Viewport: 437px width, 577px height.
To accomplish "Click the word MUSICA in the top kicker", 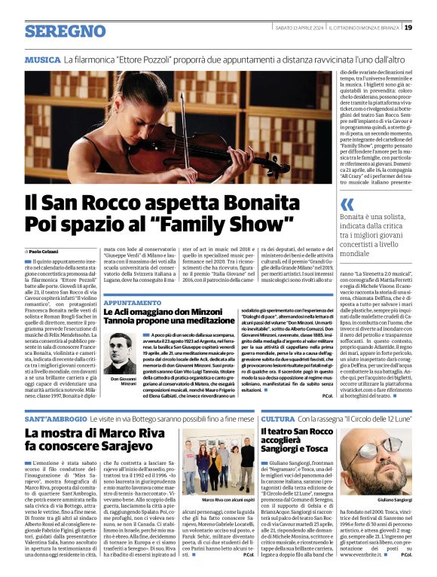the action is point(42,59).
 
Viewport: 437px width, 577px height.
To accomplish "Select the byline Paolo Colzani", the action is point(46,251).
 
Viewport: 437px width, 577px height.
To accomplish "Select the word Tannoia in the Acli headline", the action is point(125,321).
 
